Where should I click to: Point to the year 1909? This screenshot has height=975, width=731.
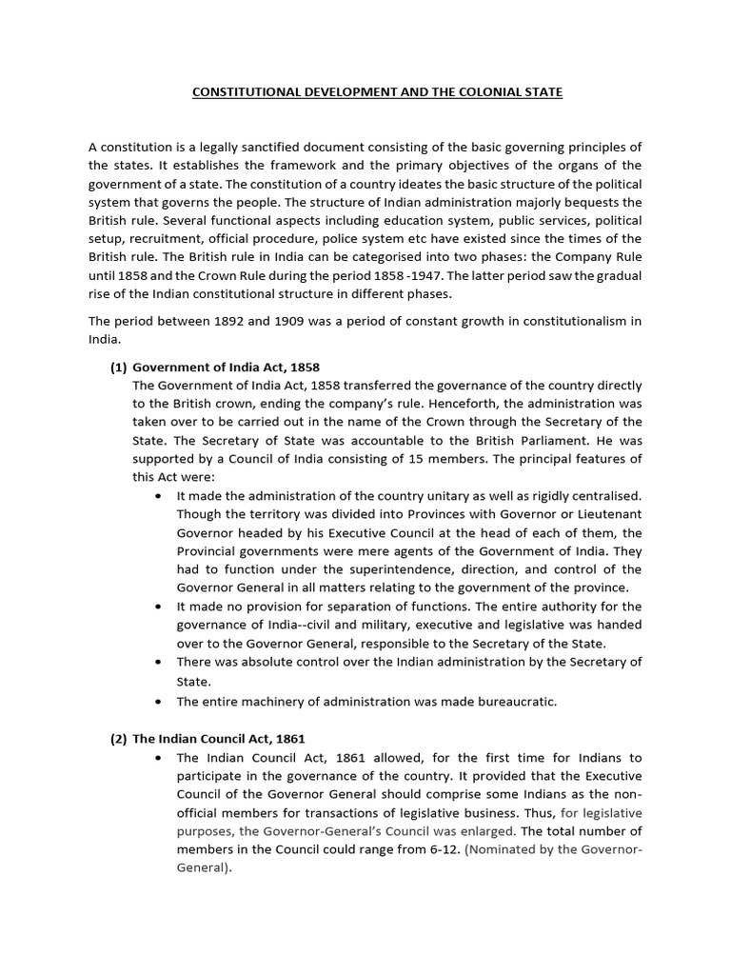click(x=299, y=322)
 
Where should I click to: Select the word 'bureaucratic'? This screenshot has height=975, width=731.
click(x=512, y=702)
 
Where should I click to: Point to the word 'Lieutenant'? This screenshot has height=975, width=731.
click(x=603, y=514)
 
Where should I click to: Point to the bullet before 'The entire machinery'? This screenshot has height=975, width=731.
click(x=157, y=703)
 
